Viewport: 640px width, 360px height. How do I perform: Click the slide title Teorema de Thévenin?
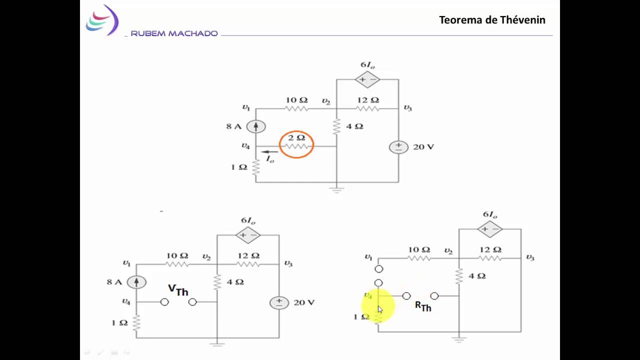point(492,20)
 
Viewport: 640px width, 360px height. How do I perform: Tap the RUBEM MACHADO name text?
point(174,33)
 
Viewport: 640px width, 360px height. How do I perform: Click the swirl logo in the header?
point(102,20)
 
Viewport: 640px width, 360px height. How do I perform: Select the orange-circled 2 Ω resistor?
point(296,146)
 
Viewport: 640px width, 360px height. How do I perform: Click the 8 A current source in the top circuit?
point(256,126)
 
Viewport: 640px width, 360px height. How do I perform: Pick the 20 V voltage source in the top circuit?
point(398,147)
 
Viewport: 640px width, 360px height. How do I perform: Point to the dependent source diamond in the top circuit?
point(367,79)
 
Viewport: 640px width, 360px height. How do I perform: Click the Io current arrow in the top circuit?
point(269,151)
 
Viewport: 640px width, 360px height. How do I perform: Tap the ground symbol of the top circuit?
point(336,190)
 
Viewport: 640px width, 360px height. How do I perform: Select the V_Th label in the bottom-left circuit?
point(178,290)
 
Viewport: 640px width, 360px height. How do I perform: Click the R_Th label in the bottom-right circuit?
point(423,306)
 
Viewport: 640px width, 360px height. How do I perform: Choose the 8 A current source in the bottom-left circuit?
point(136,282)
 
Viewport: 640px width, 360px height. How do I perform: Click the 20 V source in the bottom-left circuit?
point(279,303)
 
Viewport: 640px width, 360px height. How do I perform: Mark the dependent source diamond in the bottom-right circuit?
point(489,229)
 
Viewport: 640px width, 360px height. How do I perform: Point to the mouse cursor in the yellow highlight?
point(380,309)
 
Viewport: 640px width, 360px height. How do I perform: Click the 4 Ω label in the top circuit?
point(354,126)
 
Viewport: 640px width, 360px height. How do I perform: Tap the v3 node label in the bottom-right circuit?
point(530,257)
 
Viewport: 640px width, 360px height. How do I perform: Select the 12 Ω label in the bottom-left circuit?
point(248,255)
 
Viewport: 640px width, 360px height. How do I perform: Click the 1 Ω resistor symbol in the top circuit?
point(256,167)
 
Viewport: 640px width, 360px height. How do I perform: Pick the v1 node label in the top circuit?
point(246,107)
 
